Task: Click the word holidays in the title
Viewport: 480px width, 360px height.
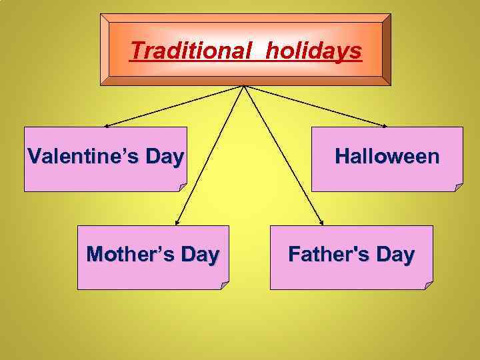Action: pyautogui.click(x=313, y=51)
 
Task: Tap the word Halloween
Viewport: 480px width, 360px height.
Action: pyautogui.click(x=387, y=157)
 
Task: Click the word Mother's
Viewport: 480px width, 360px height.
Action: pyautogui.click(x=127, y=254)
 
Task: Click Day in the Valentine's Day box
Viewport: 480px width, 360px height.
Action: pyautogui.click(x=164, y=157)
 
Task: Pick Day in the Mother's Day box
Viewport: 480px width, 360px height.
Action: pyautogui.click(x=199, y=254)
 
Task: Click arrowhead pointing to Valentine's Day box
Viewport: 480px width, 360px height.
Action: pyautogui.click(x=106, y=125)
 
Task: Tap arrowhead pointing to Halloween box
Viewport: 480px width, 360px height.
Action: pyautogui.click(x=385, y=125)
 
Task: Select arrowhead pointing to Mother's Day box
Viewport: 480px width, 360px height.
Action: pyautogui.click(x=177, y=223)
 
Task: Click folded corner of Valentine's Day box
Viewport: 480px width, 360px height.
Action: pyautogui.click(x=183, y=187)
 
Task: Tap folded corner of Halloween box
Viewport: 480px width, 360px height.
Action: pyautogui.click(x=458, y=187)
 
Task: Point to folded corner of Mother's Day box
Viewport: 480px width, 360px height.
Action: pyautogui.click(x=224, y=285)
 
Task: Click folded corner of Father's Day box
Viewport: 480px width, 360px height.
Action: pyautogui.click(x=428, y=285)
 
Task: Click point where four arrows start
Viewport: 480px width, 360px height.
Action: pyautogui.click(x=245, y=86)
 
